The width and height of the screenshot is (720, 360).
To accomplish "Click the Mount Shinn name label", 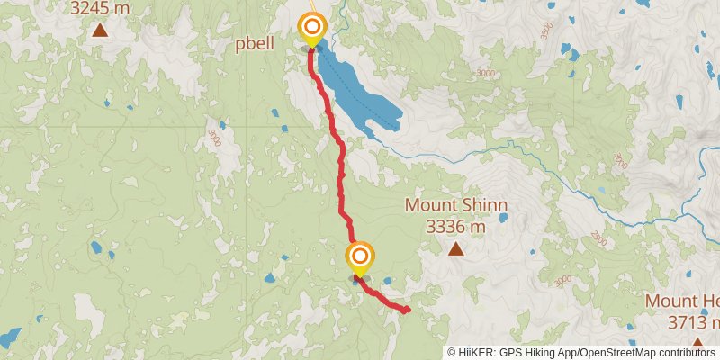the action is click(x=455, y=205).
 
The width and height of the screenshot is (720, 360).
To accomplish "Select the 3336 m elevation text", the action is click(x=455, y=227).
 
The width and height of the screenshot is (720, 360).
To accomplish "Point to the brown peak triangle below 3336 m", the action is click(x=455, y=249).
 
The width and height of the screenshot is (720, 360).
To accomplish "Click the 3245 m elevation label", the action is click(x=99, y=7).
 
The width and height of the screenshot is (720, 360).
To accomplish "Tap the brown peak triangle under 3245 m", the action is click(x=99, y=30).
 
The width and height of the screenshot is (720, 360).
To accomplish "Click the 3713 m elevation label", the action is click(x=694, y=321).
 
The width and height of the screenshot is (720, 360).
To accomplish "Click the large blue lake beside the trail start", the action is click(x=360, y=90).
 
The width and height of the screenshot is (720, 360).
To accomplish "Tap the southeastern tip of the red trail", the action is click(x=407, y=310).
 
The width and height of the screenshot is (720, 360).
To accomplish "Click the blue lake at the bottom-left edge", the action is click(x=9, y=338).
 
